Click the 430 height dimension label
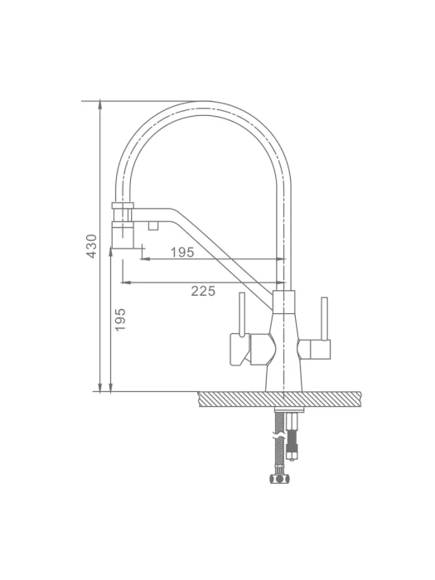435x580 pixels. point(91,245)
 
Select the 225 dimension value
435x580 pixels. point(203,291)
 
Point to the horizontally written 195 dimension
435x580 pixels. point(182,252)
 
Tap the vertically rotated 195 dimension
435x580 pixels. point(121,320)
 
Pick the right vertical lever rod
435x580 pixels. point(325,318)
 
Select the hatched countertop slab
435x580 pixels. point(280,399)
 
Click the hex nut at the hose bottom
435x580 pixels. point(280,480)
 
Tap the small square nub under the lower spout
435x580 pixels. point(153,225)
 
